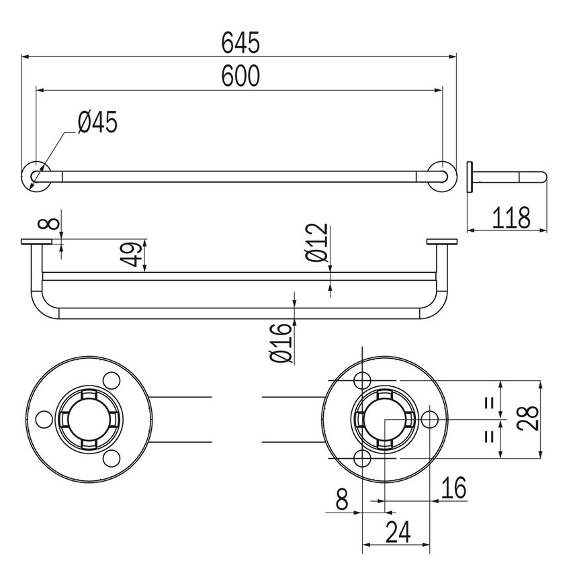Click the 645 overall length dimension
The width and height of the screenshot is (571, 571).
pyautogui.click(x=240, y=44)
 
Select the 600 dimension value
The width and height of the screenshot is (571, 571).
pyautogui.click(x=240, y=77)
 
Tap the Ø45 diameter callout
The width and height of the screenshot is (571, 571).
pyautogui.click(x=97, y=123)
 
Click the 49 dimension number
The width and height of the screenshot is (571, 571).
pyautogui.click(x=134, y=255)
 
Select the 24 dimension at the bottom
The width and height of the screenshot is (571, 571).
pyautogui.click(x=398, y=533)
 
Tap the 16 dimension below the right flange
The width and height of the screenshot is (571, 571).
pyautogui.click(x=453, y=489)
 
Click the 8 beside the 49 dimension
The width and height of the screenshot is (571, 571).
pyautogui.click(x=46, y=222)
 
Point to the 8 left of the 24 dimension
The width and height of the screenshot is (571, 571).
pyautogui.click(x=341, y=500)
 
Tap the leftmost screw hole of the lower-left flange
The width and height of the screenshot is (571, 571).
pyautogui.click(x=44, y=420)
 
